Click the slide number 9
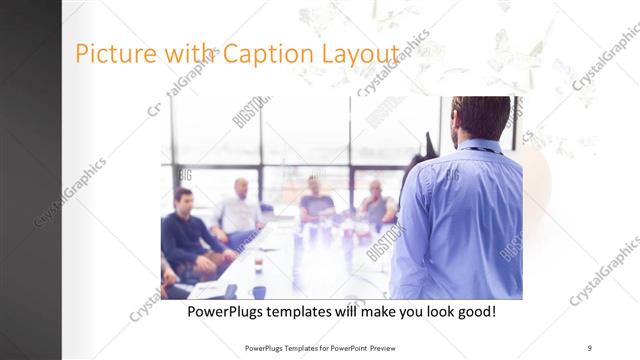589,348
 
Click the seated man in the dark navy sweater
185,235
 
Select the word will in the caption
367,313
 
